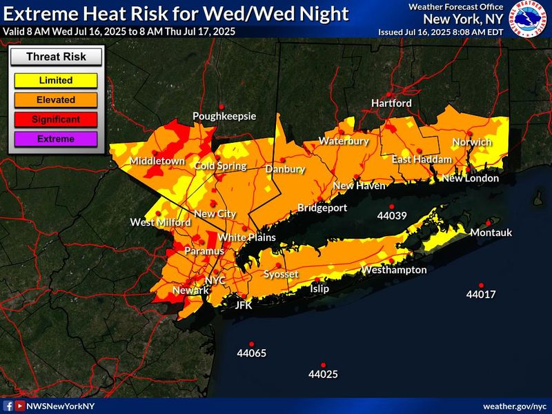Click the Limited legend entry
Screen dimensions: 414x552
56,80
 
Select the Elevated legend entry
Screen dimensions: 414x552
56,99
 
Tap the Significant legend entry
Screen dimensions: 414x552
56,119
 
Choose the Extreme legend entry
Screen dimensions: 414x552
56,139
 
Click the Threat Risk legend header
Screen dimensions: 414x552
56,57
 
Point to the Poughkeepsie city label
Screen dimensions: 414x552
224,116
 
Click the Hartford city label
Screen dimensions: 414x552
391,103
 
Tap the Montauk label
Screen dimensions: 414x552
491,233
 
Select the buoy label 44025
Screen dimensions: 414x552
323,375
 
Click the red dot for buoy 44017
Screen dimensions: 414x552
481,285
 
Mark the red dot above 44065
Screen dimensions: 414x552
252,344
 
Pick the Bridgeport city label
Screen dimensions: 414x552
322,208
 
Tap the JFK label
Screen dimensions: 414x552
244,304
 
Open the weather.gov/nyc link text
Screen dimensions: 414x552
514,406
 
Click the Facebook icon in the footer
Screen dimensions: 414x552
9,406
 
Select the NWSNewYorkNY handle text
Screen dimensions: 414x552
60,406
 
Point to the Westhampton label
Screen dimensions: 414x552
394,270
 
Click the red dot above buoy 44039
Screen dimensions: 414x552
391,206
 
